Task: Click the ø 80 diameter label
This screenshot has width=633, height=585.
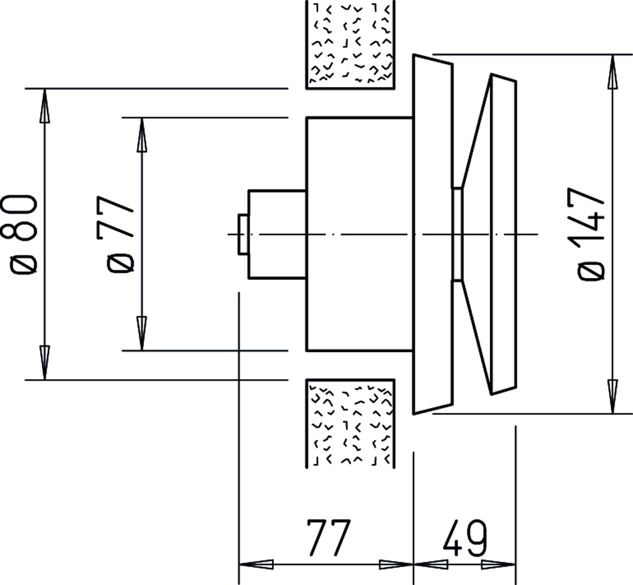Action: tap(23, 233)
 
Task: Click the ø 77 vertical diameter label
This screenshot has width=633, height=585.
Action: tap(120, 234)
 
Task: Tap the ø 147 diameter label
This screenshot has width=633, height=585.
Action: tap(592, 233)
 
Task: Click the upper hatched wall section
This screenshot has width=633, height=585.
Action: tap(350, 44)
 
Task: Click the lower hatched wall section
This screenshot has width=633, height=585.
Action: tap(350, 424)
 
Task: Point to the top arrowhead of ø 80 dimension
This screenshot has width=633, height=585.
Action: tap(44, 105)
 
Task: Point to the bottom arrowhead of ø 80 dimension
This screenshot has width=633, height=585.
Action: tap(44, 362)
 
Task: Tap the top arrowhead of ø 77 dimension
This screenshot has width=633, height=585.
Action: tap(141, 134)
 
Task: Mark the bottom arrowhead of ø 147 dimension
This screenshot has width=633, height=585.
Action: tap(613, 396)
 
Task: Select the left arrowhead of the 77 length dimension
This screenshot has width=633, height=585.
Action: tap(256, 564)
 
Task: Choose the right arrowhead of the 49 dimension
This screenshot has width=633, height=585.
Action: tap(499, 564)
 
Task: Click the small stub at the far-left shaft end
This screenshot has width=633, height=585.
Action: tap(243, 234)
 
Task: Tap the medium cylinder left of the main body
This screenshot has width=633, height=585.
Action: tap(277, 234)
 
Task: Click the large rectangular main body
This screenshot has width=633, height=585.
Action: tap(360, 234)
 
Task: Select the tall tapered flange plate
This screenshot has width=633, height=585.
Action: tap(433, 234)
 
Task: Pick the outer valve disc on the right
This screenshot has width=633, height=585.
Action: tap(504, 234)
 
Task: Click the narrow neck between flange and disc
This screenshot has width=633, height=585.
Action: tap(457, 234)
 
